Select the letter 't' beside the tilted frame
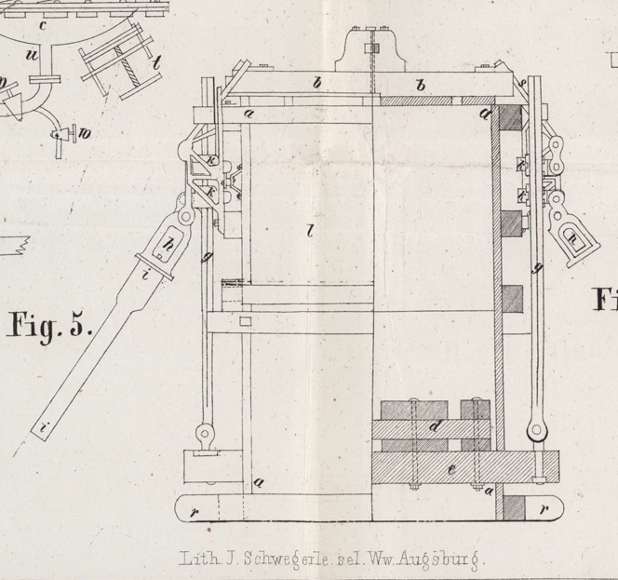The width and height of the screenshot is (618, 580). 157,62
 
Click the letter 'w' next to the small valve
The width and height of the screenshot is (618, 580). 85,133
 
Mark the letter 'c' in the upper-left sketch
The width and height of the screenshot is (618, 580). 42,25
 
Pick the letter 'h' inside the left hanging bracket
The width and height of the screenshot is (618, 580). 169,247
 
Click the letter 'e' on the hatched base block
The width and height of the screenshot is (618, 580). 452,468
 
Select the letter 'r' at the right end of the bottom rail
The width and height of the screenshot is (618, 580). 543,509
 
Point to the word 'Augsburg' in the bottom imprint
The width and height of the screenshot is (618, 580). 442,560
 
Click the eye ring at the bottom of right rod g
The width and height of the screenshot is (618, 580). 535,431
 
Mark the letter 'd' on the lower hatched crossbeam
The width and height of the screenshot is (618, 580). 436,426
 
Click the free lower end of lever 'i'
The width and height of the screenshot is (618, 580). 44,427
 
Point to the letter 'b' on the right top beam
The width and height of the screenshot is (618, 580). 421,86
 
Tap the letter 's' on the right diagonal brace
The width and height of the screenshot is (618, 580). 522,83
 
